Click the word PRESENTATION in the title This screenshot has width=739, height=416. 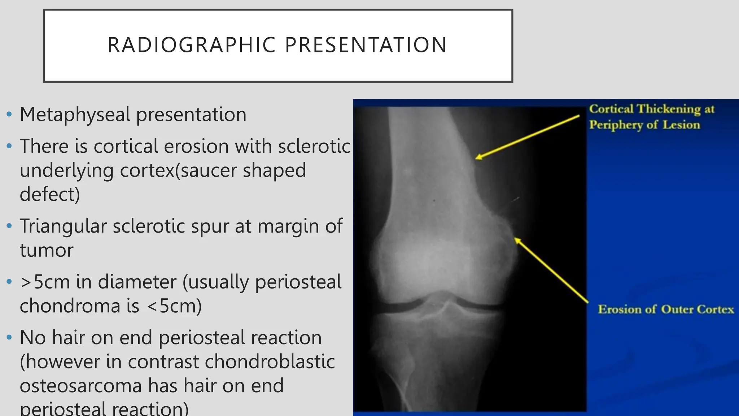[x=366, y=45]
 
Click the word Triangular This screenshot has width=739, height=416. [x=63, y=226]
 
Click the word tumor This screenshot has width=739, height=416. [x=47, y=250]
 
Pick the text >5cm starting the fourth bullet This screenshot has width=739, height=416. [x=45, y=282]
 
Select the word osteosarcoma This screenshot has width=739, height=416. [x=80, y=385]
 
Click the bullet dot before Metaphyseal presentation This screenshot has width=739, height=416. [x=9, y=115]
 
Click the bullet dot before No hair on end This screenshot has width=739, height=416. [x=9, y=338]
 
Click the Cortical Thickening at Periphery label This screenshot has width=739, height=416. [x=651, y=117]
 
